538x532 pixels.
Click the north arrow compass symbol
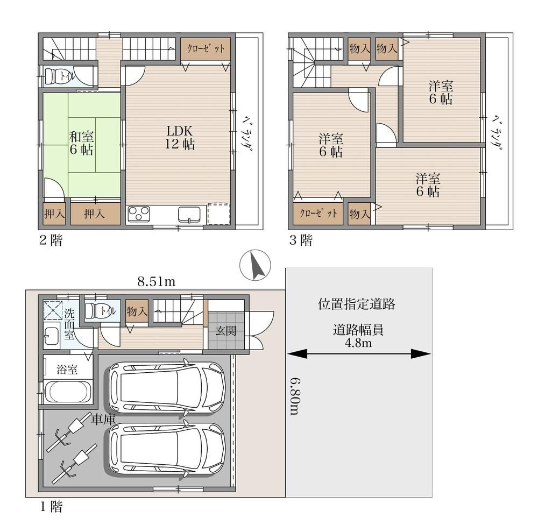[255, 265]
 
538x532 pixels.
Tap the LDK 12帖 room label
[180, 137]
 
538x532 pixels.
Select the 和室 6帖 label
[81, 143]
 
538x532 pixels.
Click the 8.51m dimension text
[157, 282]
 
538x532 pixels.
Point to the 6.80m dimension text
[295, 396]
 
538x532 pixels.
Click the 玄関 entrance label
[226, 331]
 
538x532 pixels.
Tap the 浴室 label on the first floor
[67, 370]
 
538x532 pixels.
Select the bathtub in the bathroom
[68, 392]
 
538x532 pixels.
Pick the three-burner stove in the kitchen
[139, 214]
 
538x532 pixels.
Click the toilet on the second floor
[53, 75]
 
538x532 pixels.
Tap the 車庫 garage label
[103, 420]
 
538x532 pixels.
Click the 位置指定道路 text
[357, 304]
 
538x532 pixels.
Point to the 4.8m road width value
[358, 343]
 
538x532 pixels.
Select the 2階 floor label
[51, 240]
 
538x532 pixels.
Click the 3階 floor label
[301, 240]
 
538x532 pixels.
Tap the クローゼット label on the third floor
[318, 214]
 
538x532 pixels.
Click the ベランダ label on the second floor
[248, 134]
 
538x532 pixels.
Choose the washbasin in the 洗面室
[52, 336]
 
